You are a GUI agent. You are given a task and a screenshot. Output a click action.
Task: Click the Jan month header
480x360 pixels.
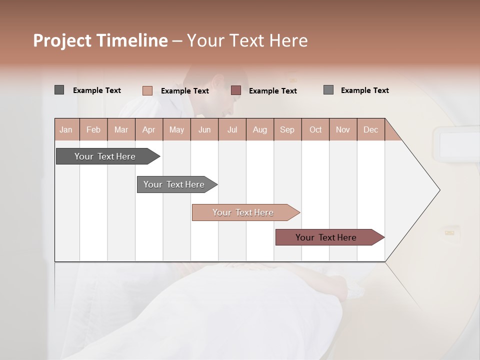66,129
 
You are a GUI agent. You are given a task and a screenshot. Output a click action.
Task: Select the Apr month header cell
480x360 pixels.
148,129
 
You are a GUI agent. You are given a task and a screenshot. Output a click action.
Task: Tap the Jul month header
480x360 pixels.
232,129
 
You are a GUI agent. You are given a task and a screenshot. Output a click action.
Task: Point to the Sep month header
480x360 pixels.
287,129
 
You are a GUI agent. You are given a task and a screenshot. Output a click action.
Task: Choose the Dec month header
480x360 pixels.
370,129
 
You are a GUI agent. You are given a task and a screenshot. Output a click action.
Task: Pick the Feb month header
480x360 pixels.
93,129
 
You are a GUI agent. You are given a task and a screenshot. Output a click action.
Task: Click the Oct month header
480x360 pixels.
315,129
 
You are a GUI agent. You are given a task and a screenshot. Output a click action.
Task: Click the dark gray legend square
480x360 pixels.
59,90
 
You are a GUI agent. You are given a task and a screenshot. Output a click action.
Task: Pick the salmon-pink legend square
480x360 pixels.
147,90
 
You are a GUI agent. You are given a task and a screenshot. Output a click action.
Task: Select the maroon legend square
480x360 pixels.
236,90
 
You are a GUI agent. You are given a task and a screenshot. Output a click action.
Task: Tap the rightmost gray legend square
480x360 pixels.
328,90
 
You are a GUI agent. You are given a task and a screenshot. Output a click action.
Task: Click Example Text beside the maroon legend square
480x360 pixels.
272,91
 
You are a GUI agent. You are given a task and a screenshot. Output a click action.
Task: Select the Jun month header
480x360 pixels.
204,129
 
